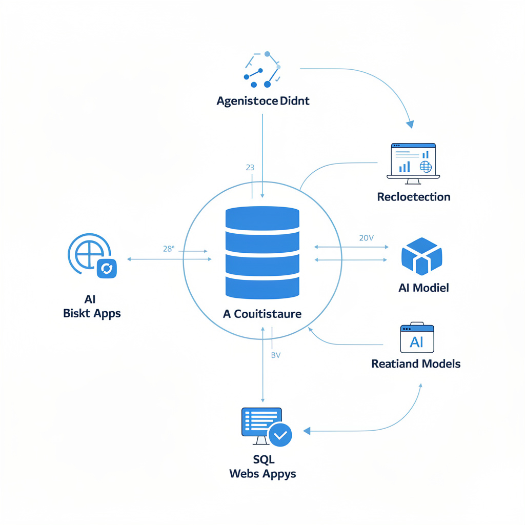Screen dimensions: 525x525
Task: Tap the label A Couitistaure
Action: [x=262, y=314]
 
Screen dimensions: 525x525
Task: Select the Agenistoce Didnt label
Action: [x=263, y=101]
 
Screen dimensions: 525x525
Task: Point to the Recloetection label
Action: [x=413, y=197]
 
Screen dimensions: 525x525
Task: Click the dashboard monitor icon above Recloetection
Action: [x=413, y=161]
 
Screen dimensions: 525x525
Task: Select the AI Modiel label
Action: [x=423, y=288]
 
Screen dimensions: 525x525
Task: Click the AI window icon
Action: [x=417, y=338]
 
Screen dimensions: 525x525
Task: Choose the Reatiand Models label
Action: [x=416, y=364]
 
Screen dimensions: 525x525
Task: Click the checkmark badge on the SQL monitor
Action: [x=280, y=435]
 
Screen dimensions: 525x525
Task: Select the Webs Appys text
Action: [x=262, y=473]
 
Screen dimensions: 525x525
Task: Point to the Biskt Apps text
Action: [x=92, y=313]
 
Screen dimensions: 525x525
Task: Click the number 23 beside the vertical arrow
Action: [x=250, y=168]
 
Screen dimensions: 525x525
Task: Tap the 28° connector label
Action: [x=169, y=249]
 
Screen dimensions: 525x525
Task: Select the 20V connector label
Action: [x=367, y=238]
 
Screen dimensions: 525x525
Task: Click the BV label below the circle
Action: [x=275, y=355]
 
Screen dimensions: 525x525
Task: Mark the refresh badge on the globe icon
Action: [x=107, y=268]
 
